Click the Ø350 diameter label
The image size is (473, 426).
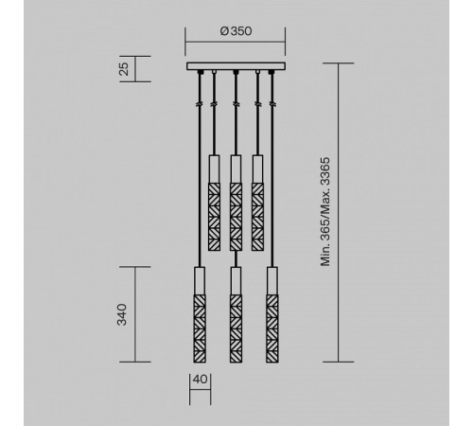[x=236, y=31]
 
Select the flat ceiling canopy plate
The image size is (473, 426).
[x=236, y=66]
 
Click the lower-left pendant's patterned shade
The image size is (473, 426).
[x=200, y=327]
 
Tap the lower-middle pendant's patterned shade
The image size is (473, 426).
[x=236, y=327]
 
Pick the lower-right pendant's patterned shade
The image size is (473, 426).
[x=272, y=327]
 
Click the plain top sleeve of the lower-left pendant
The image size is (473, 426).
[x=200, y=280]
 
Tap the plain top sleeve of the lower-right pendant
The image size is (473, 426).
[x=272, y=280]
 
